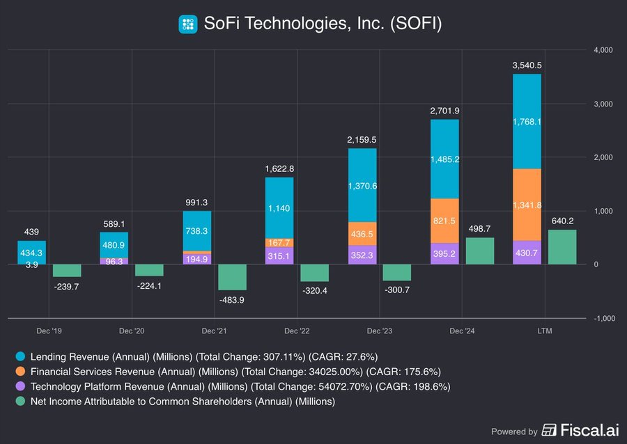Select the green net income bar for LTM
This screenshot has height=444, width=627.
(562, 247)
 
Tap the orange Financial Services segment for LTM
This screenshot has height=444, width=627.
(527, 205)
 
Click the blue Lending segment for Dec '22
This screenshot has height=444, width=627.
(279, 207)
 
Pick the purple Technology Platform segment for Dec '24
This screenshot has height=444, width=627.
(444, 253)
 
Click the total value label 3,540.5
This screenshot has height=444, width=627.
(527, 65)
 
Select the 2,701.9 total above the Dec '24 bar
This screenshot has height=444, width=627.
(444, 111)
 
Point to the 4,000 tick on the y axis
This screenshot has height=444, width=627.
(603, 50)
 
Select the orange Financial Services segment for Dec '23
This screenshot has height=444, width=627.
(362, 234)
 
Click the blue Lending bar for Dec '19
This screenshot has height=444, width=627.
(31, 252)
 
